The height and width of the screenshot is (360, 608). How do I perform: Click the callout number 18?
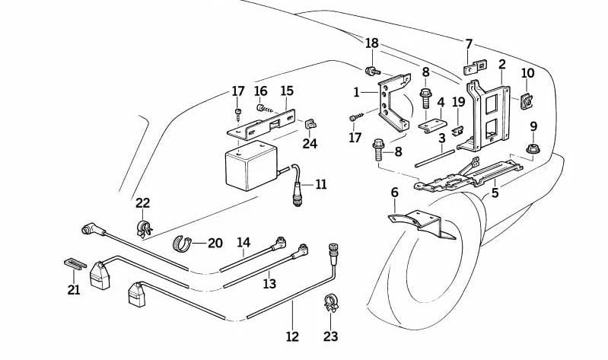[371, 43]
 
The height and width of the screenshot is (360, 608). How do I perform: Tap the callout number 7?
[469, 43]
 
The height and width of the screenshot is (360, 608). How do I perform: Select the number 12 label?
[293, 336]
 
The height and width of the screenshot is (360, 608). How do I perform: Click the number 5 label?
[495, 193]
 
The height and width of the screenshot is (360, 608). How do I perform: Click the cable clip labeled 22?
[142, 227]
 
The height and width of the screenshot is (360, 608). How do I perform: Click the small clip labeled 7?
[470, 69]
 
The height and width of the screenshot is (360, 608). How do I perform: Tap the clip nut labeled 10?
[526, 99]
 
